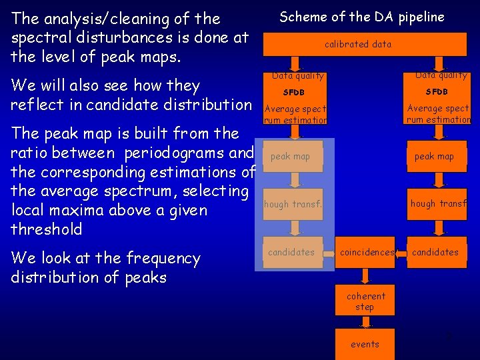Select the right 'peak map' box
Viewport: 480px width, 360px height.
coord(434,157)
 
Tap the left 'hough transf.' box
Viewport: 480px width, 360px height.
coord(293,205)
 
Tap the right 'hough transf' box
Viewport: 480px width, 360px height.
coord(438,204)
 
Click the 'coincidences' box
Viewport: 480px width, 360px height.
coord(366,252)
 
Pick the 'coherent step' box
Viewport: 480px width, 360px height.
coord(365,301)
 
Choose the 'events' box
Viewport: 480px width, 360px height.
coord(365,344)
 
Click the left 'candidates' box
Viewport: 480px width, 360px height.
coord(291,252)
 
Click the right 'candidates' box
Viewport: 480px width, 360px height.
coord(435,252)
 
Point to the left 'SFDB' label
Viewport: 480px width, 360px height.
coord(294,92)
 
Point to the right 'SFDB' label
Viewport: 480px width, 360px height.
coord(437,91)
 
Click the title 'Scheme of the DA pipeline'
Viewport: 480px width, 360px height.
coord(361,17)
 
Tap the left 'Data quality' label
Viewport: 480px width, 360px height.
coord(298,76)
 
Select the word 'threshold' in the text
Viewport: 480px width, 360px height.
coord(47,230)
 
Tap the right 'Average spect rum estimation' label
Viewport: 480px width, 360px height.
coord(439,114)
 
